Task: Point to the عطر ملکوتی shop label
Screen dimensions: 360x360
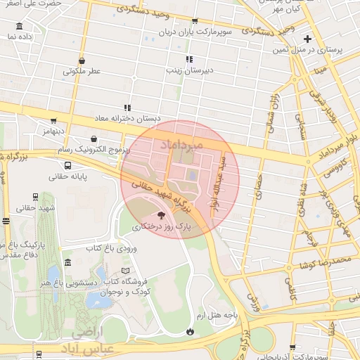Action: click(x=82, y=72)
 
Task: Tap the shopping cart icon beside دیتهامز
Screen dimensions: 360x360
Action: click(x=54, y=120)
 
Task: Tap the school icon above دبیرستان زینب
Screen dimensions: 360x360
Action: click(x=188, y=60)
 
